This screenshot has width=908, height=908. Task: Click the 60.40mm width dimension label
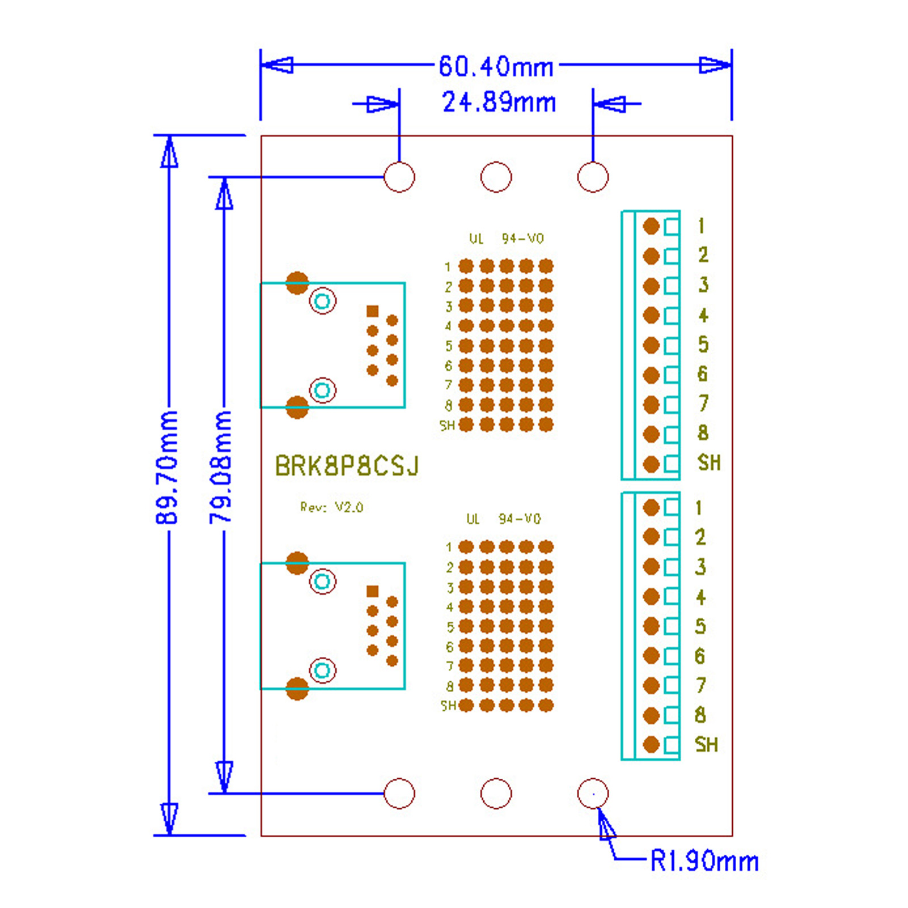[x=496, y=66]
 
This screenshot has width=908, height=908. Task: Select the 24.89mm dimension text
[x=499, y=103]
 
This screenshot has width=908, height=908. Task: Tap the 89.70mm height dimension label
[x=167, y=468]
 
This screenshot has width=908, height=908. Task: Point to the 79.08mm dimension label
[x=221, y=468]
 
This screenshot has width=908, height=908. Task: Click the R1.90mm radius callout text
[x=704, y=861]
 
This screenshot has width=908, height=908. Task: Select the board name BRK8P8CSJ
[x=347, y=466]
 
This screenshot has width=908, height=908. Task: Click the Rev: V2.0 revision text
[x=332, y=507]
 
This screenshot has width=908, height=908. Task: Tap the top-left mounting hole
[x=399, y=177]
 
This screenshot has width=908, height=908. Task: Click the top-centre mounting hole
[x=496, y=177]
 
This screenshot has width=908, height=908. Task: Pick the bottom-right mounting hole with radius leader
[x=593, y=793]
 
